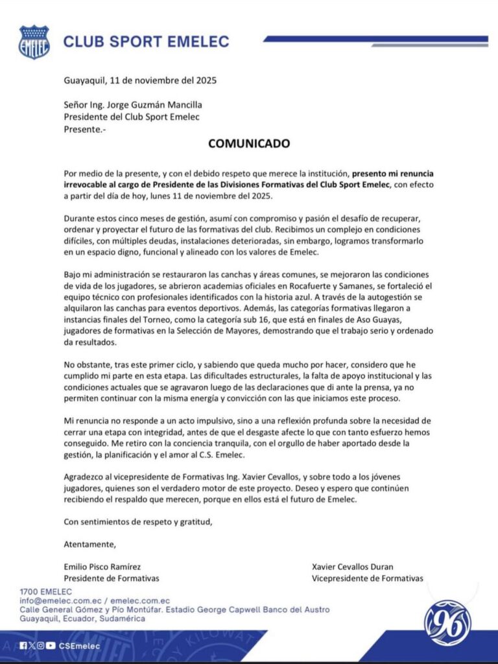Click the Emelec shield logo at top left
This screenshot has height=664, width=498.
click(x=34, y=42)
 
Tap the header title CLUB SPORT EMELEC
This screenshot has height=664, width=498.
click(x=146, y=42)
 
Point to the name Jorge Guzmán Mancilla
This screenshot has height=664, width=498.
click(x=160, y=105)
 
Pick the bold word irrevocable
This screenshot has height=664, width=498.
click(x=91, y=186)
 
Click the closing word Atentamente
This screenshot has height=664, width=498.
click(x=90, y=543)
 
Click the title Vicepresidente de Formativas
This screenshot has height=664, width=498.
click(x=367, y=578)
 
